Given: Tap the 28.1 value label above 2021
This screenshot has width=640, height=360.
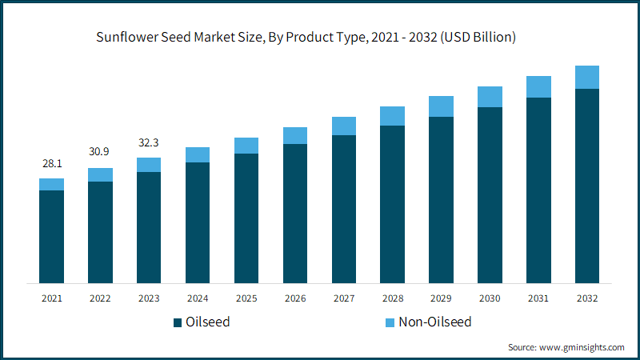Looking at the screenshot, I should (52, 163).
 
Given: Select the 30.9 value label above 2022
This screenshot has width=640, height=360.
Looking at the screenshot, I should (100, 152).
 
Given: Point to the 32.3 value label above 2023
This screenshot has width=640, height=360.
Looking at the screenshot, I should (149, 142).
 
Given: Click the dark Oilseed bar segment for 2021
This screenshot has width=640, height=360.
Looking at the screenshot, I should (52, 236).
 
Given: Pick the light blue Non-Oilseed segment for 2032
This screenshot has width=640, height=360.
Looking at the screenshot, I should (587, 77).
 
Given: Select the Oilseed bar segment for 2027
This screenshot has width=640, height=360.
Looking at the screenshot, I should (344, 209).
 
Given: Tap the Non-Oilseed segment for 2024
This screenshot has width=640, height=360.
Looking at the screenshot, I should (198, 154).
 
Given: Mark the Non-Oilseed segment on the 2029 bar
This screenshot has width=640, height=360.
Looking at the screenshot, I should (441, 106).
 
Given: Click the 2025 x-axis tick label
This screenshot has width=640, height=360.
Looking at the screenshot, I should (246, 298).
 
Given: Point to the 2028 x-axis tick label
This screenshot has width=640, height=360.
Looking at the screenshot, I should (392, 298).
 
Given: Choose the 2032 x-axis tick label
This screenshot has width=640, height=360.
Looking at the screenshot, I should (587, 298).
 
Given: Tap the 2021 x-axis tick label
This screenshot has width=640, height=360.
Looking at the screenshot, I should (52, 298).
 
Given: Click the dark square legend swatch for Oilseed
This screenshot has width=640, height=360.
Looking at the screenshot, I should (178, 323).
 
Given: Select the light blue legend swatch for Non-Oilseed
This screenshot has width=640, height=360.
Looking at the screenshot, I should (390, 323).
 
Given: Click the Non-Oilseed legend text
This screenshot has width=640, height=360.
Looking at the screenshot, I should (435, 322).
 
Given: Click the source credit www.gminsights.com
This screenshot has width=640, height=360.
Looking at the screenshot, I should (566, 347).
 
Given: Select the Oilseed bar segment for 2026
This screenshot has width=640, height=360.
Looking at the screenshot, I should (295, 213).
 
